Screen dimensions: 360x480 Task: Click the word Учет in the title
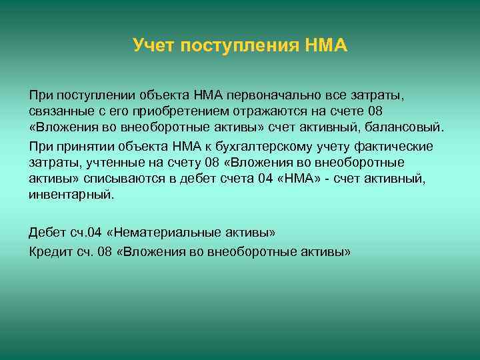151,46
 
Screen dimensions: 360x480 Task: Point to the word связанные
57,110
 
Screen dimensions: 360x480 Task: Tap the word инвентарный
71,195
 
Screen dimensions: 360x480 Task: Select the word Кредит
49,252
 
